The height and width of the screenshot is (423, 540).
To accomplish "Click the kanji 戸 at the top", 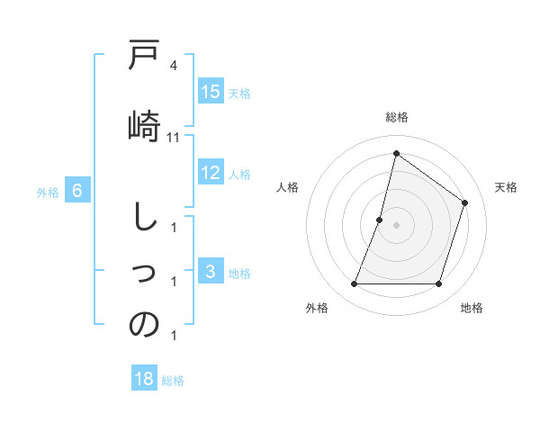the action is point(144,58).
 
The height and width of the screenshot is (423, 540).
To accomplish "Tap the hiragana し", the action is point(144,220).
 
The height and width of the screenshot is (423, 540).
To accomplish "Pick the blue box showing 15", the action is point(211,93).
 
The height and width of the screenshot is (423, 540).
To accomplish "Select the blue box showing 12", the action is point(211,174).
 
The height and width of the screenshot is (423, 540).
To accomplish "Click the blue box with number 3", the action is point(211,273).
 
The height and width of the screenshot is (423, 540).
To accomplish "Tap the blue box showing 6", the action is point(77,191).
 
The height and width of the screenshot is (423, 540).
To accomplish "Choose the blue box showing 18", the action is point(144,379).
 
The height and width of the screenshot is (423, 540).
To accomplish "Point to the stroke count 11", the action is point(174,138).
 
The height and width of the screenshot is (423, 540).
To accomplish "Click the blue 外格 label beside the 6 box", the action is point(48,192).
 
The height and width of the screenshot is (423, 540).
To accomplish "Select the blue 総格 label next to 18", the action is point(173,380).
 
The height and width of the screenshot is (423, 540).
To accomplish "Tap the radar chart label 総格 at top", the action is point(396,117).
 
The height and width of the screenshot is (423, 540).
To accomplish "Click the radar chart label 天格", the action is point(506,187).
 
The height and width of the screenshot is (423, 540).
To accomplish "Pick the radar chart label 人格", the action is point(287,187).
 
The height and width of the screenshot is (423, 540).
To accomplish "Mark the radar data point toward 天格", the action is point(465,202).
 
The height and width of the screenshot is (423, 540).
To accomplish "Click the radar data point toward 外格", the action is point(354,284).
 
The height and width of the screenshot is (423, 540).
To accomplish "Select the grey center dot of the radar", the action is point(396,225).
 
